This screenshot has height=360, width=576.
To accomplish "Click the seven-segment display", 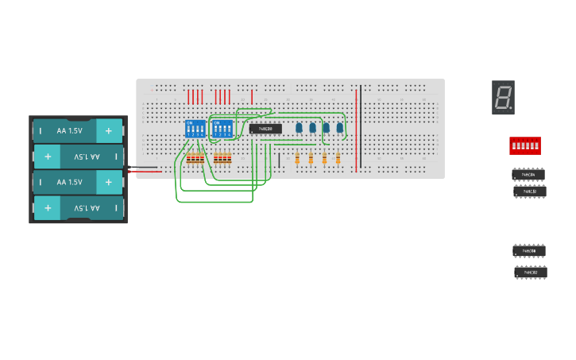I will click(503, 98).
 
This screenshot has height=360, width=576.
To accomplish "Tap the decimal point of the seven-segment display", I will click(510, 107).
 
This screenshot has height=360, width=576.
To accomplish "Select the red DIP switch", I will click(524, 145).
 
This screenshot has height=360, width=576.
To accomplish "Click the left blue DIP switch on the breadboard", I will click(195, 129).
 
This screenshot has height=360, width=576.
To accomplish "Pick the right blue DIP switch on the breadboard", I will click(222, 129).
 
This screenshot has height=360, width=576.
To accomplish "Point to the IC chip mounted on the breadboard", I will click(265, 128).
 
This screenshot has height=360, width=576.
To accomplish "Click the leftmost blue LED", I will click(299, 127).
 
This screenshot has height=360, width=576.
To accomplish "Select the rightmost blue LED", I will click(339, 127).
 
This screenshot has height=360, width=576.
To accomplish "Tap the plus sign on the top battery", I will click(109, 130).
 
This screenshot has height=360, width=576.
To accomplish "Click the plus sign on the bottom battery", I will click(48, 208).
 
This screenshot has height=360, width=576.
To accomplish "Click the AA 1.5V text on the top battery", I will click(69, 130).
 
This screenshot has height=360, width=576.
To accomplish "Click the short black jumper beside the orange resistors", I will click(279, 161).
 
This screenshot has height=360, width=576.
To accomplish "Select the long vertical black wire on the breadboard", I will click(361, 127).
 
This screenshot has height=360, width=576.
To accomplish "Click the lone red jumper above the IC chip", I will click(251, 97).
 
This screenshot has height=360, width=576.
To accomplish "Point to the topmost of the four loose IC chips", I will click(528, 174).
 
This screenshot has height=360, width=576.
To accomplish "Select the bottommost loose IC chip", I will click(530, 273).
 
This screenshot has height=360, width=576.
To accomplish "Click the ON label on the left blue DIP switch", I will click(189, 122).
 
